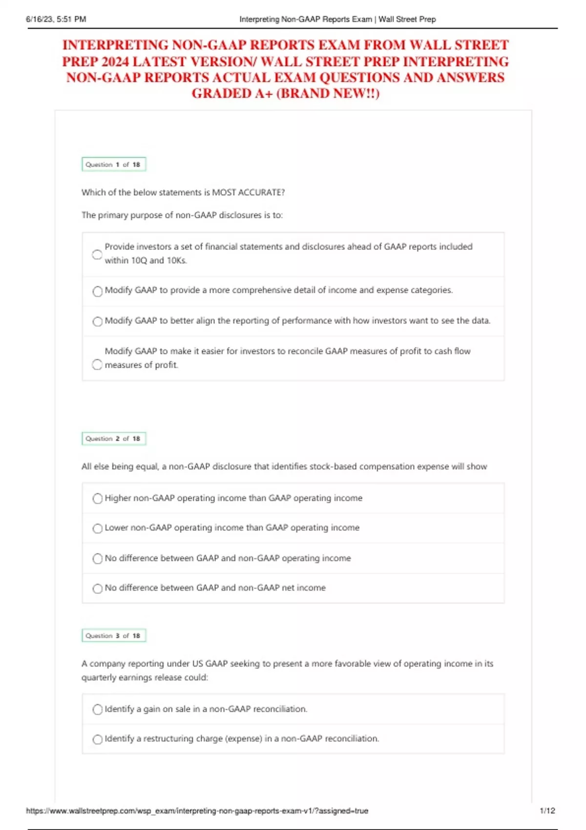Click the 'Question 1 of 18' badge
pos(113,165)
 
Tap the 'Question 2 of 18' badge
pos(113,438)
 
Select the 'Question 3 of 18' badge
pos(113,636)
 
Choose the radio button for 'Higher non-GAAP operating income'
pos(98,498)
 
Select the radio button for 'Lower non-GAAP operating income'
pos(98,528)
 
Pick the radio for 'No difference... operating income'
pos(98,559)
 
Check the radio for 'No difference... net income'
pos(98,588)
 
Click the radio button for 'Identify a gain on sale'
pos(98,709)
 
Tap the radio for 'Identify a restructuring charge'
pos(98,739)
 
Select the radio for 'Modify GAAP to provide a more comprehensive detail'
pos(98,291)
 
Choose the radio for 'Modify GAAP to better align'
pos(98,321)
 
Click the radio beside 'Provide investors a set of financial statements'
pos(97,254)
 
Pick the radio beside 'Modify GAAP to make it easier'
pos(97,365)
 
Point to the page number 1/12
pos(547,810)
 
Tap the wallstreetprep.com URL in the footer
pos(197,810)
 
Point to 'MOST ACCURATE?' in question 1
pos(248,192)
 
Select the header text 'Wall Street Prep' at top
pos(407,20)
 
